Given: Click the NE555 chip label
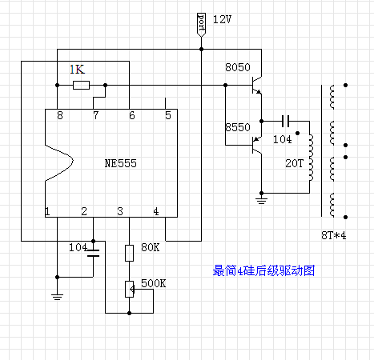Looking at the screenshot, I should coord(120,162).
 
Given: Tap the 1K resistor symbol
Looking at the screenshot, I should coord(80,85).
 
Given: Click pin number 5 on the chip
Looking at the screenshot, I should coord(167,116).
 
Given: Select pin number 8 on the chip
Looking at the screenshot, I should coord(59,116).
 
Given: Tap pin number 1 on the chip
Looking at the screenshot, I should coord(47,211).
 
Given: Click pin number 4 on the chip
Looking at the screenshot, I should coord(157,211).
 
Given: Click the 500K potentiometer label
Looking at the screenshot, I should coord(154,283).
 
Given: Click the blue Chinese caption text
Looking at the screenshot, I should coord(264,271).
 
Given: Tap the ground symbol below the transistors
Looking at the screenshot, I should coord(260,196).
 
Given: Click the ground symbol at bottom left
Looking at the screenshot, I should coord(57,295).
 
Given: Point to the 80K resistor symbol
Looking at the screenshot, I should coord(128,254).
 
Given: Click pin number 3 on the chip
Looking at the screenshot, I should coord(120,211).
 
